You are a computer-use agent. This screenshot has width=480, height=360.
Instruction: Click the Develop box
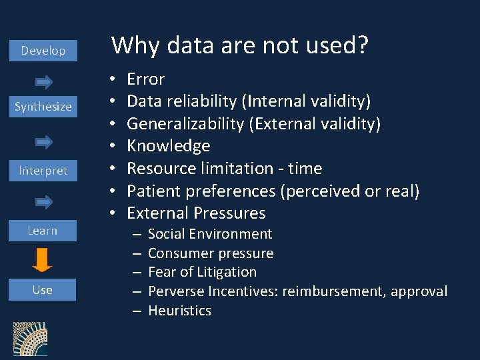pyautogui.click(x=43, y=51)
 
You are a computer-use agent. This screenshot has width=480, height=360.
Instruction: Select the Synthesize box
pyautogui.click(x=43, y=107)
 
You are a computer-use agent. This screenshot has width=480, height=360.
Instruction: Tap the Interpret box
pyautogui.click(x=43, y=171)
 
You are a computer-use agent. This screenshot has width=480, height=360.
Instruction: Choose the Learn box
pyautogui.click(x=43, y=231)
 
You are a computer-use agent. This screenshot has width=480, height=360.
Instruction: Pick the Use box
pyautogui.click(x=43, y=290)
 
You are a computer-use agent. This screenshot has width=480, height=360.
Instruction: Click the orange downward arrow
pyautogui.click(x=42, y=260)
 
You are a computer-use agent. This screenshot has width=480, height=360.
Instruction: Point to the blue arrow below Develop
pyautogui.click(x=44, y=81)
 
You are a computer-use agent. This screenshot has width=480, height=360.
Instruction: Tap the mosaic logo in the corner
pyautogui.click(x=30, y=340)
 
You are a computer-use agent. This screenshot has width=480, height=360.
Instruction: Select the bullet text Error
pyautogui.click(x=145, y=79)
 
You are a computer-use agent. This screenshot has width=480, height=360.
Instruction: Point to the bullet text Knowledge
pyautogui.click(x=168, y=146)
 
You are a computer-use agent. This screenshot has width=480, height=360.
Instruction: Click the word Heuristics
pyautogui.click(x=179, y=311)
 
